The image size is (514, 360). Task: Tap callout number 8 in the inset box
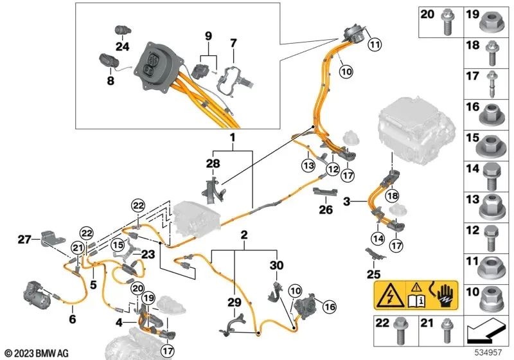coord(110,81)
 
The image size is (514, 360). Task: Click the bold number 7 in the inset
coord(233,42)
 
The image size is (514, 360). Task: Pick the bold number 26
coord(326,209)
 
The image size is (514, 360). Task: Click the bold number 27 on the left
coord(25,240)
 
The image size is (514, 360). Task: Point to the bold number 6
coord(71,318)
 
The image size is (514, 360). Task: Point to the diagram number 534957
coord(492,352)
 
